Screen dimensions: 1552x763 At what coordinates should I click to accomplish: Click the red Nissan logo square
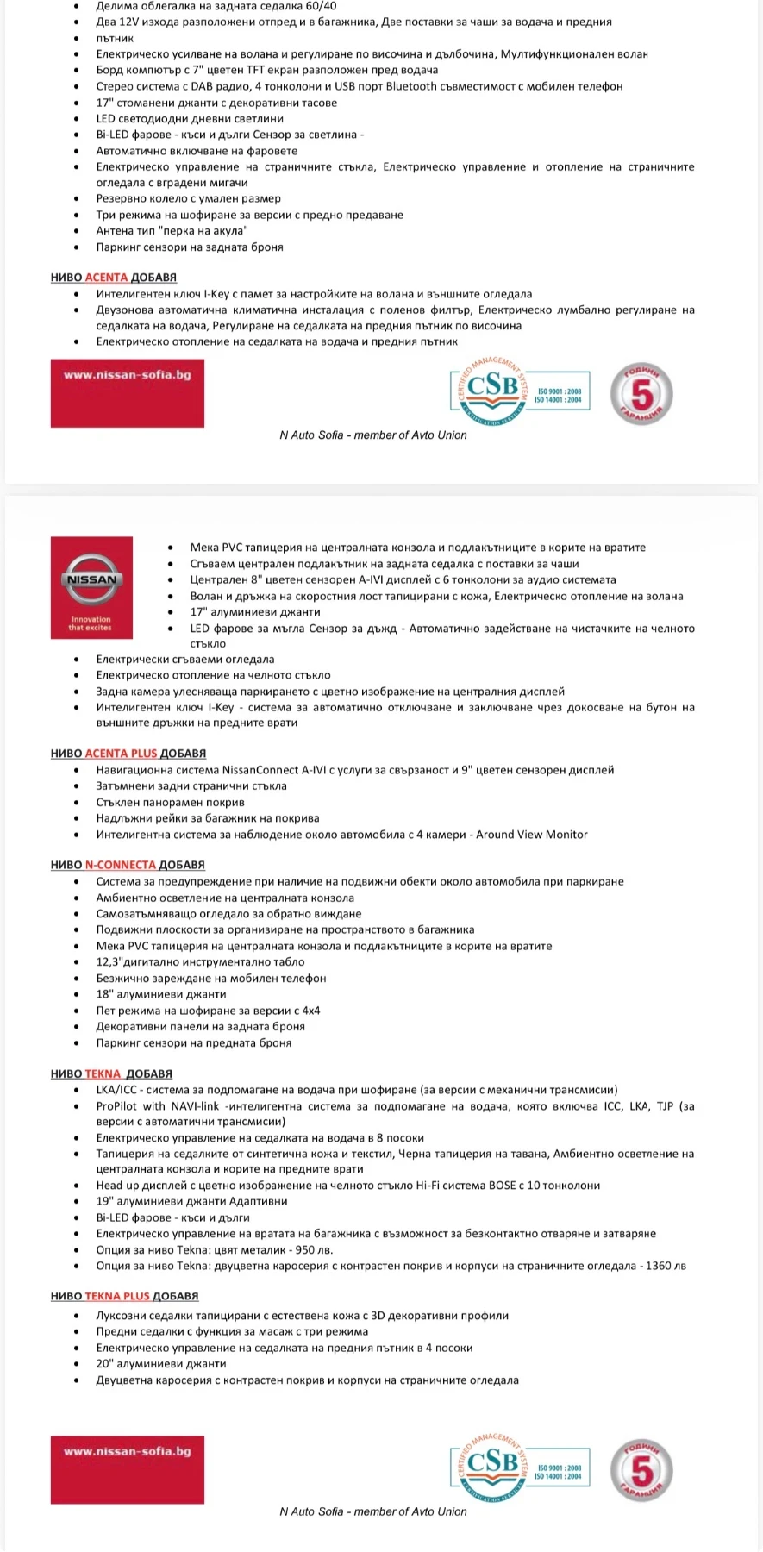coord(91,587)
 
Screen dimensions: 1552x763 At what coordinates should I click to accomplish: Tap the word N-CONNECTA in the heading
coord(121,864)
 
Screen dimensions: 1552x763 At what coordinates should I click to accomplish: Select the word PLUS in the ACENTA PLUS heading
coord(144,753)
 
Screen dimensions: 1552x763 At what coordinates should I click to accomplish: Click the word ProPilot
coord(117,1105)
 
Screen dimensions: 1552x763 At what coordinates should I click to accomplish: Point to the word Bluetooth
coord(411,86)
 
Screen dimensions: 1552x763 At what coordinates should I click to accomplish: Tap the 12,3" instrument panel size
coord(113,961)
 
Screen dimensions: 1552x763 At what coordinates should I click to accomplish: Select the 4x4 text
coord(310,1010)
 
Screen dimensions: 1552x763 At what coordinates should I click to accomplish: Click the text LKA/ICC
coord(116,1089)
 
